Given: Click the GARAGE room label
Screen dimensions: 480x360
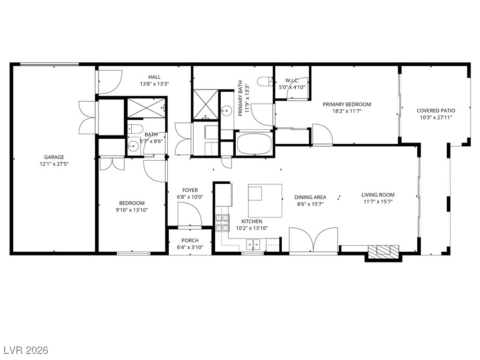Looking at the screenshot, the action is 54,157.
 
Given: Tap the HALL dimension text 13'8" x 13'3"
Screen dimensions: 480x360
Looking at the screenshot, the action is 155,83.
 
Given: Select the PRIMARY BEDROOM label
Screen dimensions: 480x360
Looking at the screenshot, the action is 347,105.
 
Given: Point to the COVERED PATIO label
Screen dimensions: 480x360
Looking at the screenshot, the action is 436,111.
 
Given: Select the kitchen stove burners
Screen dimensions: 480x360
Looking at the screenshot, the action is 222,223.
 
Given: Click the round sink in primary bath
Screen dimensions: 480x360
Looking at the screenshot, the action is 227,109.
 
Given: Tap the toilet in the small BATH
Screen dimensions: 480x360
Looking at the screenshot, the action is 135,129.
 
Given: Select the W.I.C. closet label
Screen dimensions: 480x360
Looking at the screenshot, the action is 292,81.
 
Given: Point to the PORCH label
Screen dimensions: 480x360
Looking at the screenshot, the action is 190,240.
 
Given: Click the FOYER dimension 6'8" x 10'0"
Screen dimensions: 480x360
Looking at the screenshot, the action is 190,197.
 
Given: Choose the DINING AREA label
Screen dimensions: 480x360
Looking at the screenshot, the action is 310,197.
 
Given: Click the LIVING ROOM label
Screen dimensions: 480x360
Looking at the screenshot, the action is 378,195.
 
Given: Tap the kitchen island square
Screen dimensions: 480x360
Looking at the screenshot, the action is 265,201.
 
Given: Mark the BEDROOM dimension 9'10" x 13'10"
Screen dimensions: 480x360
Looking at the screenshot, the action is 132,210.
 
